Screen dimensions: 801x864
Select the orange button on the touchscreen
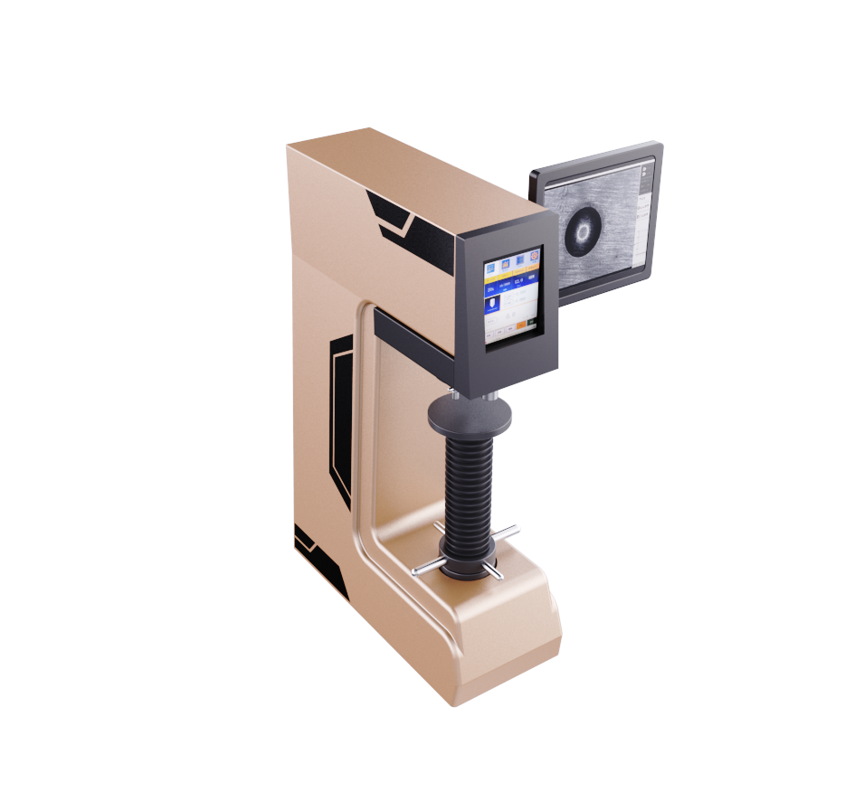(x=522, y=324)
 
